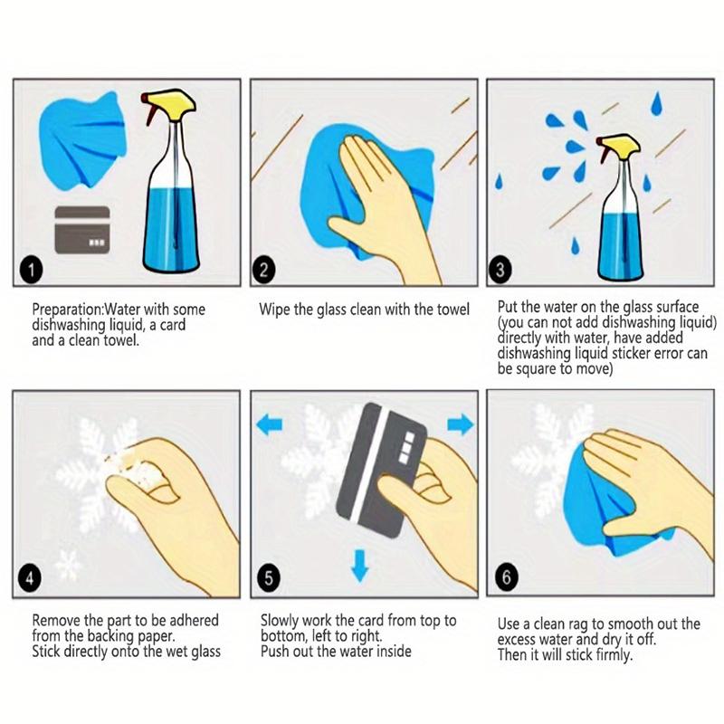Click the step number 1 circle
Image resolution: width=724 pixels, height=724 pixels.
31,270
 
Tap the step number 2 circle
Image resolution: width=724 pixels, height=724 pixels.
263,270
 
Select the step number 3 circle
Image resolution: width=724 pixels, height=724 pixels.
500,270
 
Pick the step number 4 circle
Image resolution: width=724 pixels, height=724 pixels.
30,577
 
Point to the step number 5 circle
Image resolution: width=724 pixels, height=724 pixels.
269,577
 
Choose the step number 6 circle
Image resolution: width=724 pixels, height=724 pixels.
507,577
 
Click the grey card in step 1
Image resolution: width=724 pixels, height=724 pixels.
82,230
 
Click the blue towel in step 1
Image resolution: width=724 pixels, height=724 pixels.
83,140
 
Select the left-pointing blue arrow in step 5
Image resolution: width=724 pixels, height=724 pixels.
269,424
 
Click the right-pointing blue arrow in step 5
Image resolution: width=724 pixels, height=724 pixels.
461,424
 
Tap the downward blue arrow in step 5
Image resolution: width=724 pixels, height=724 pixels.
359,565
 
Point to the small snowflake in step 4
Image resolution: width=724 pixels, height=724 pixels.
68,565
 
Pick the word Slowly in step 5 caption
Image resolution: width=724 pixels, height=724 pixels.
280,621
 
